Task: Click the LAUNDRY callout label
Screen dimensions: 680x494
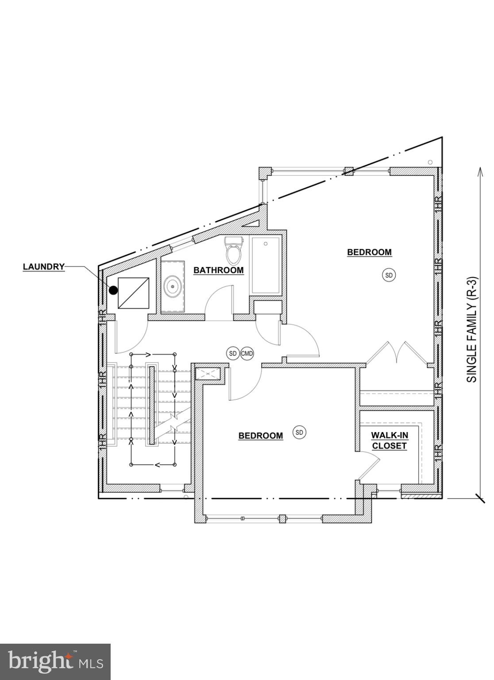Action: pyautogui.click(x=44, y=267)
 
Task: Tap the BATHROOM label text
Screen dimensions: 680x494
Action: pyautogui.click(x=218, y=270)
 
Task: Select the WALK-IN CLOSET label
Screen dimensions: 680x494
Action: pyautogui.click(x=389, y=440)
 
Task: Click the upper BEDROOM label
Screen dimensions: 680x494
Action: pyautogui.click(x=369, y=252)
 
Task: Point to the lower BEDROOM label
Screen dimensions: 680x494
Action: pyautogui.click(x=260, y=436)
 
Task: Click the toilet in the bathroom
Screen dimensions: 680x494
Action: pyautogui.click(x=234, y=251)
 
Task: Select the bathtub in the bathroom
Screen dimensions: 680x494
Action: pyautogui.click(x=265, y=266)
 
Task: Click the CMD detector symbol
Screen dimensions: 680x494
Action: pyautogui.click(x=247, y=353)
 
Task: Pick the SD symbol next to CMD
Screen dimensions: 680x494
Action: pyautogui.click(x=233, y=353)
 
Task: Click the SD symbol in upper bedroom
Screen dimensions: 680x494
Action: pyautogui.click(x=389, y=275)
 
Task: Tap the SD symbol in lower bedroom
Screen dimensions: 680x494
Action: pyautogui.click(x=300, y=432)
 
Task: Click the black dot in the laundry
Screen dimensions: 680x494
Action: pyautogui.click(x=113, y=290)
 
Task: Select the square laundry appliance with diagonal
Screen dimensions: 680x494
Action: pyautogui.click(x=133, y=293)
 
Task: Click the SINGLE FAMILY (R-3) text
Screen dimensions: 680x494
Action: pyautogui.click(x=472, y=330)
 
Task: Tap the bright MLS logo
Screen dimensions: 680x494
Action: pyautogui.click(x=55, y=662)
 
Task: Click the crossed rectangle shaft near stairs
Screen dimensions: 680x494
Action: pyautogui.click(x=208, y=373)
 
